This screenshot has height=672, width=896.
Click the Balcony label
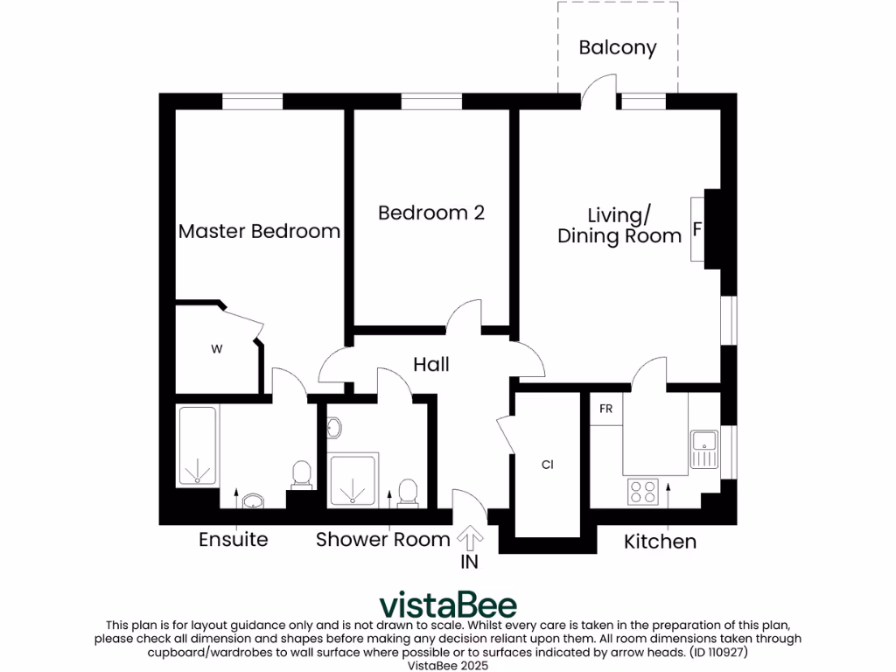tap(618, 47)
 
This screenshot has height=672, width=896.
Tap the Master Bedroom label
tap(259, 232)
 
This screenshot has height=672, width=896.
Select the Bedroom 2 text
tap(431, 213)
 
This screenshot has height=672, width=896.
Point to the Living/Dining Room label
tap(619, 226)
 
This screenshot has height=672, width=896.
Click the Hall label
tap(431, 364)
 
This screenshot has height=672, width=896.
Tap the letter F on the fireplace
tap(696, 230)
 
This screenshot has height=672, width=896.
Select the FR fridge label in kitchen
tap(605, 409)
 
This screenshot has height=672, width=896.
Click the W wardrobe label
tap(216, 349)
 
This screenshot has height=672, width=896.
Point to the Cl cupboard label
tap(548, 465)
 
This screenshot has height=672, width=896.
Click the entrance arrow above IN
tap(470, 536)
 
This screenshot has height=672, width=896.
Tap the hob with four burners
tap(643, 492)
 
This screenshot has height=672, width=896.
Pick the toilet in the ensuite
tap(302, 474)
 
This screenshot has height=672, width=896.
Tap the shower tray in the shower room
tap(353, 479)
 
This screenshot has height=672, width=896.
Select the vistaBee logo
tap(447, 605)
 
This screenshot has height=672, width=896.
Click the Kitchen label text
tap(660, 542)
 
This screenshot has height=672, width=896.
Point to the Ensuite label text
tap(233, 539)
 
